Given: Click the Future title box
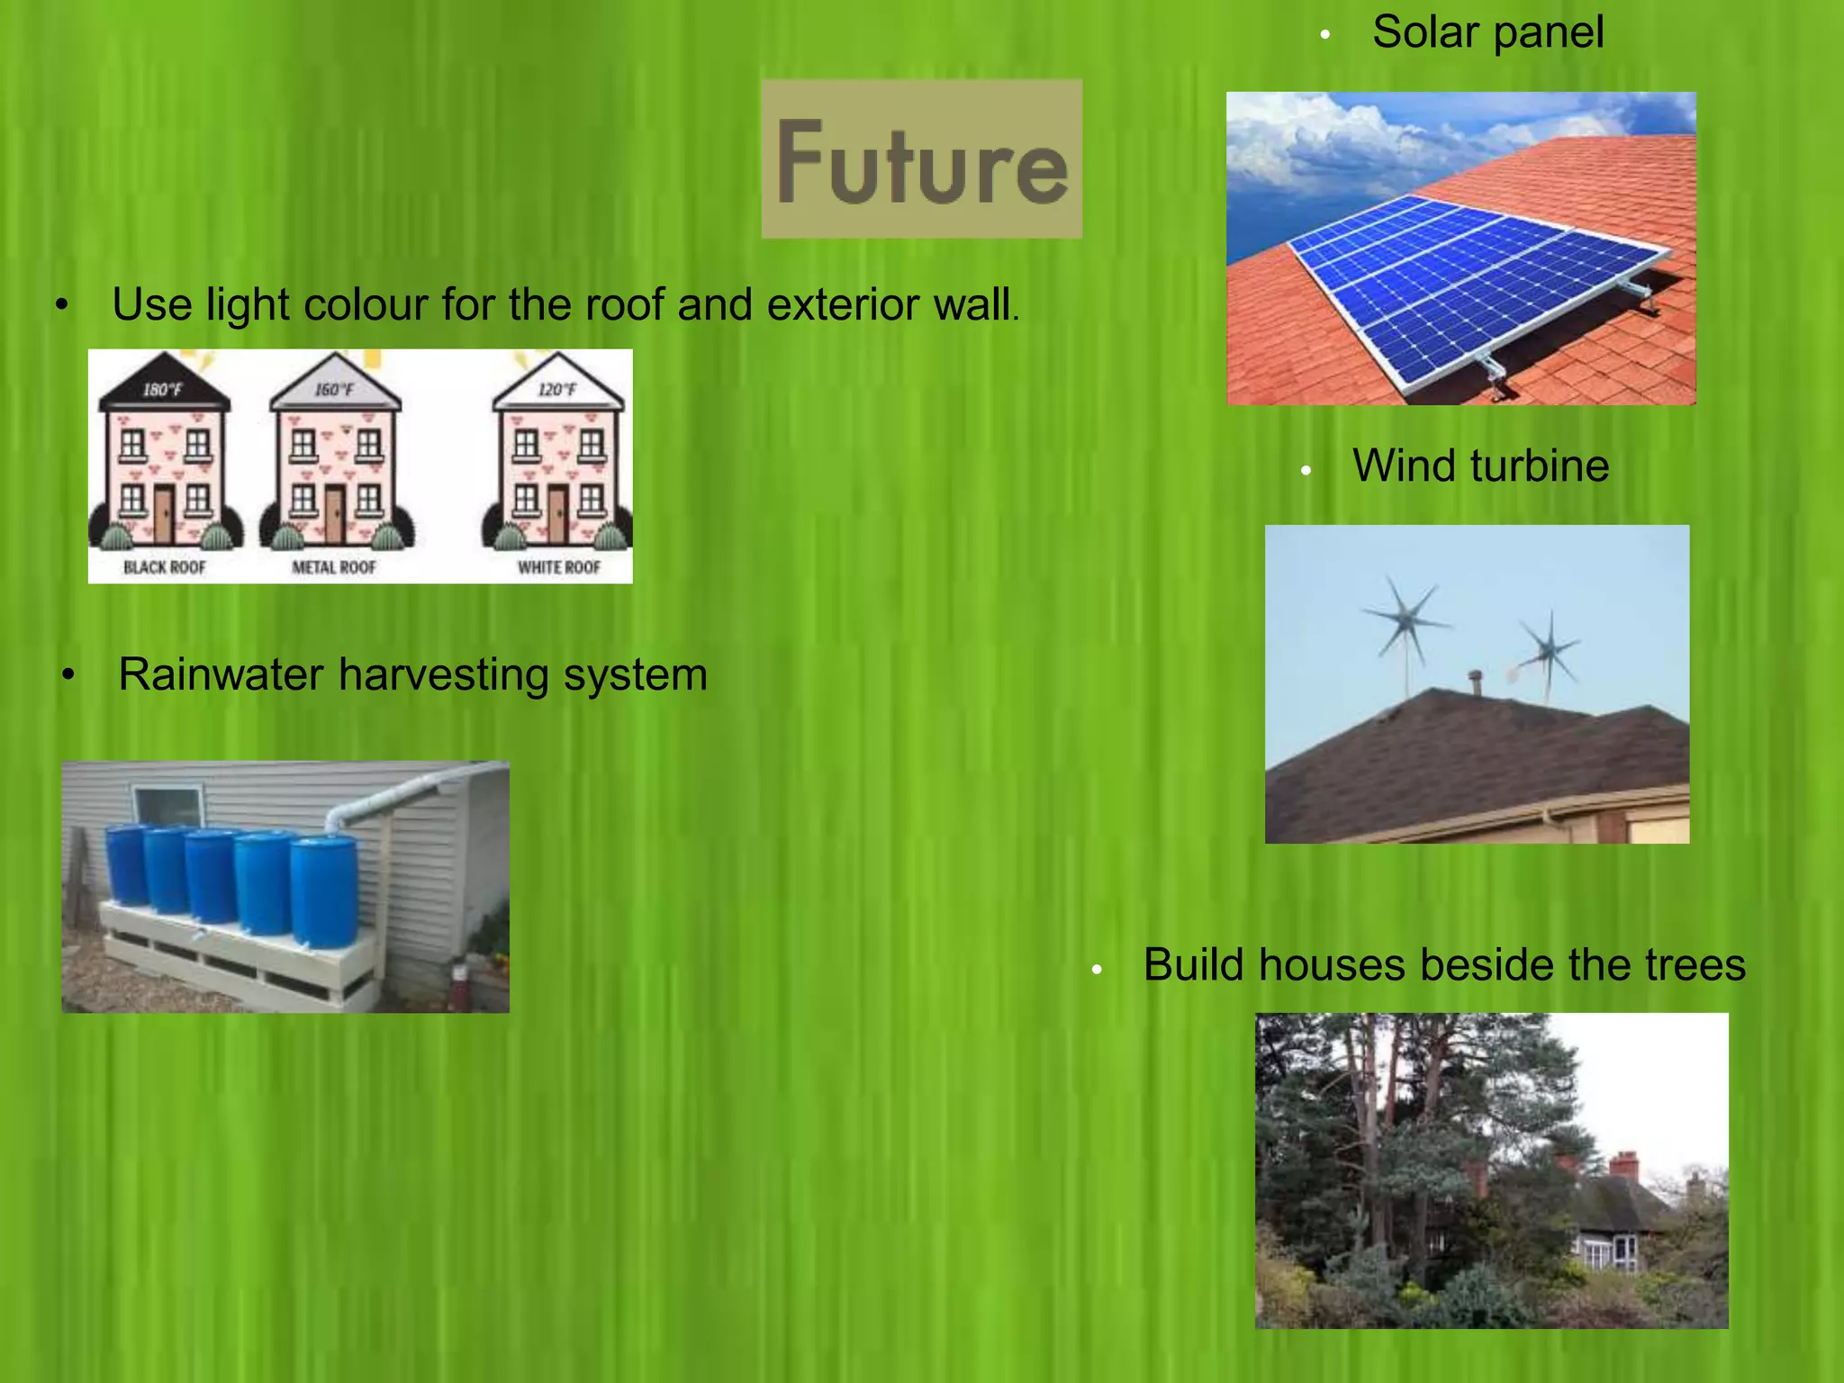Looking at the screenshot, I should (x=921, y=158).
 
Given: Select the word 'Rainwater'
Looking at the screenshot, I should (x=221, y=674).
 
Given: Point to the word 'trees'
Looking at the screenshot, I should (x=1695, y=965).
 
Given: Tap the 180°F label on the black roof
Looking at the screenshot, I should (x=162, y=390).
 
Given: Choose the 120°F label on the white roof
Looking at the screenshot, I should (x=556, y=390).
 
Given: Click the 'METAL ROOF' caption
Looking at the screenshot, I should (x=333, y=567).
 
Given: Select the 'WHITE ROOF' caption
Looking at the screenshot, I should (x=558, y=567).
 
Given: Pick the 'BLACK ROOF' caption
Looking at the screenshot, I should (x=165, y=567).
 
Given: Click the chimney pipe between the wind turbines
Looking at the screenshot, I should (x=1475, y=682).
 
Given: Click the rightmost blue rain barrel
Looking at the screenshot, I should (x=324, y=891).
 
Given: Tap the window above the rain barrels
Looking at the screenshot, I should (x=167, y=806).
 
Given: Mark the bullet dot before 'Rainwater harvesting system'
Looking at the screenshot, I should (x=68, y=675).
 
